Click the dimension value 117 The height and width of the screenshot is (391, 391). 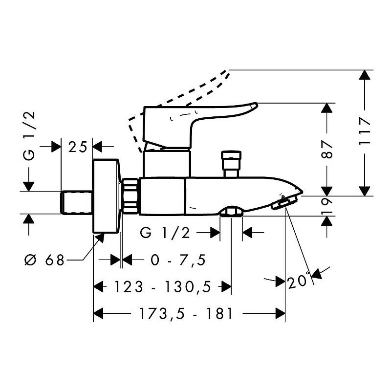pyautogui.click(x=365, y=132)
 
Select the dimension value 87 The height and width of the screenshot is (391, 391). pyautogui.click(x=327, y=150)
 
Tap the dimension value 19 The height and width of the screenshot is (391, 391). pyautogui.click(x=327, y=206)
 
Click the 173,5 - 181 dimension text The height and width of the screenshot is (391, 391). pyautogui.click(x=186, y=313)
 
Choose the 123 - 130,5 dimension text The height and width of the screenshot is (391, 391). pyautogui.click(x=162, y=286)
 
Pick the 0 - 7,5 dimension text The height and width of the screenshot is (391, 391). pyautogui.click(x=178, y=260)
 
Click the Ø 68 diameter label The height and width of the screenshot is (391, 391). pyautogui.click(x=44, y=260)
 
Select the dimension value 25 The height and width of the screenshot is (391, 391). pyautogui.click(x=78, y=147)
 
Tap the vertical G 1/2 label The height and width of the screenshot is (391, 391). pyautogui.click(x=29, y=136)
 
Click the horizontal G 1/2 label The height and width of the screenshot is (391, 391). pyautogui.click(x=165, y=233)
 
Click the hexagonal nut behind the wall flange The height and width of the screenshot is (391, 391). pyautogui.click(x=130, y=195)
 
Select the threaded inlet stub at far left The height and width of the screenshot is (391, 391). pyautogui.click(x=77, y=202)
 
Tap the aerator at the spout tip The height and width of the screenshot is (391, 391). pyautogui.click(x=284, y=202)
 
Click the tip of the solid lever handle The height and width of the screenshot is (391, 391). pyautogui.click(x=257, y=105)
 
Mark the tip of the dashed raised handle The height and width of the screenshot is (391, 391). pyautogui.click(x=228, y=71)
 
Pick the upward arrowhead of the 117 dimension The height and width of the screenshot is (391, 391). pyautogui.click(x=365, y=75)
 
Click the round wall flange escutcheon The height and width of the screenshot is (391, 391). pyautogui.click(x=106, y=196)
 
